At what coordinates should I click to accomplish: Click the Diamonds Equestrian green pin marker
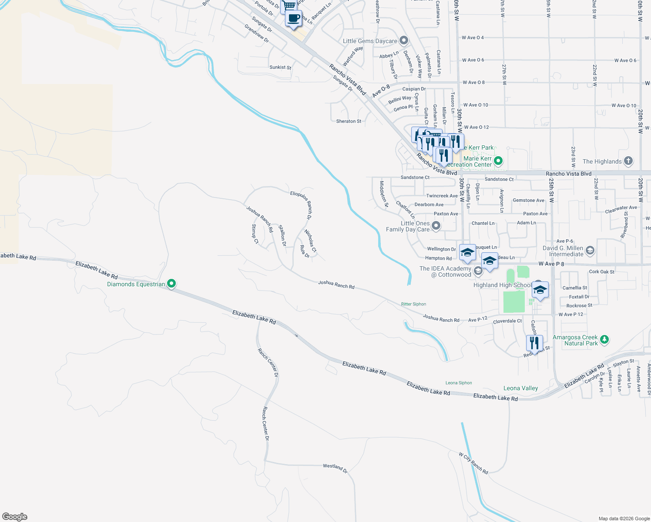[171, 284]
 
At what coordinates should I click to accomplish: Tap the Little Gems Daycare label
[370, 41]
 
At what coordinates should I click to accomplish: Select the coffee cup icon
[293, 18]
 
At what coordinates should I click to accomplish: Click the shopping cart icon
[289, 6]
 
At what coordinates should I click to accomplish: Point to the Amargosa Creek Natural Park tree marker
[604, 340]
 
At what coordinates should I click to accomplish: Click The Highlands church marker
[628, 161]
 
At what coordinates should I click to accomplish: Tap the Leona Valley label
[520, 388]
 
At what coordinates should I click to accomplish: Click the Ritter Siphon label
[413, 304]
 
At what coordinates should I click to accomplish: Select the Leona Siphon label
[459, 383]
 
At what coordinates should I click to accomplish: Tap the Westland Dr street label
[335, 468]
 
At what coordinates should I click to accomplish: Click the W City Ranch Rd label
[473, 463]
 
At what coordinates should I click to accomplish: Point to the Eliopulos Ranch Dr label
[301, 205]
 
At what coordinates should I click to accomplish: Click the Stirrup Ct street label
[255, 234]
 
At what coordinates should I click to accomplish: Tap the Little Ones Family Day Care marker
[436, 226]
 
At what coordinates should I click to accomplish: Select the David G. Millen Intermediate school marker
[590, 250]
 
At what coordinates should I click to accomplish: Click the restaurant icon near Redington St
[534, 343]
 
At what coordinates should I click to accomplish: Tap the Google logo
[15, 516]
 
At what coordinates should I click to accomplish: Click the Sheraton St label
[349, 121]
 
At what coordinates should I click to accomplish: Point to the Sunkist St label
[280, 67]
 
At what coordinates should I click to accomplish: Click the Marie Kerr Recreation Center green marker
[498, 161]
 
